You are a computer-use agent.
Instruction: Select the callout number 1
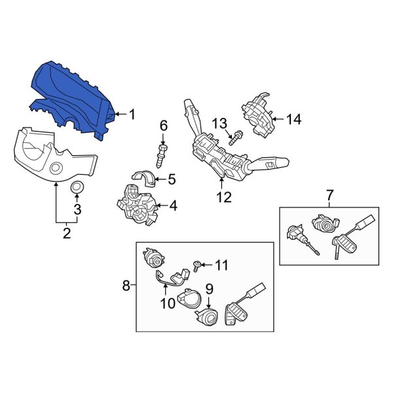coord(132,115)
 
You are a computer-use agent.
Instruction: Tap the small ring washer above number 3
coord(77,187)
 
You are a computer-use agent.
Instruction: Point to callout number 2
coord(67,233)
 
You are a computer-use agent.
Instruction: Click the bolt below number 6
coord(161,155)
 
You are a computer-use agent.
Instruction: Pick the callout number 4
coord(173,206)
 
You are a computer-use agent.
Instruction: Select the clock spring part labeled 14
coord(257,115)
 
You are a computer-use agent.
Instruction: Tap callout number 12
coord(224,197)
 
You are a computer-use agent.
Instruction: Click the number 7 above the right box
coord(329,195)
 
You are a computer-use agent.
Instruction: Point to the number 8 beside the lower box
coord(126,285)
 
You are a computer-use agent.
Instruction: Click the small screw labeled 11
coord(197,266)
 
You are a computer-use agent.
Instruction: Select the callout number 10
coord(168,303)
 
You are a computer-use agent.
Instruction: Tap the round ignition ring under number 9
coord(207,317)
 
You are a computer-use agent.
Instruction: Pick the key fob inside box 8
coord(236,313)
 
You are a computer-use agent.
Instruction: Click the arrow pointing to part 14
coord(278,119)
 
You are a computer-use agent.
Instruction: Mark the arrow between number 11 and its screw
coord(206,265)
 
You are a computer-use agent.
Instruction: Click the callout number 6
coord(163,126)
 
